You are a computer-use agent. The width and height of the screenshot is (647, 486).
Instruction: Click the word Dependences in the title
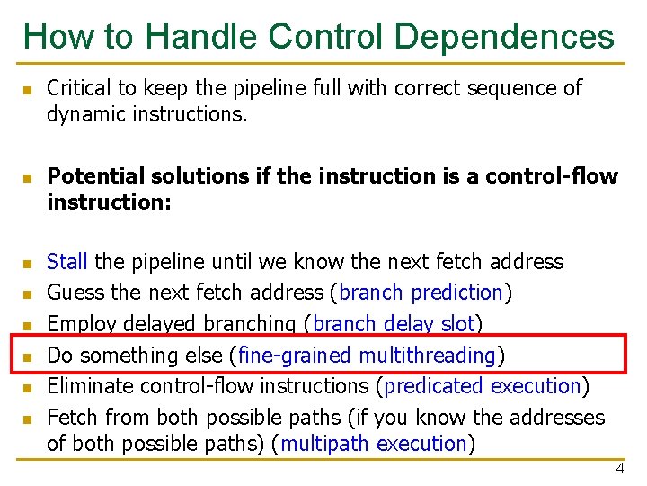(x=504, y=36)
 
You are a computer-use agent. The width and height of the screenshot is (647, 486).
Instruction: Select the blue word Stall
(x=67, y=262)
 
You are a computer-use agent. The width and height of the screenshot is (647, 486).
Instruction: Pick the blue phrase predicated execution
(x=483, y=386)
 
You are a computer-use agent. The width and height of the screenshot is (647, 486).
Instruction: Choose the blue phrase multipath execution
(x=375, y=444)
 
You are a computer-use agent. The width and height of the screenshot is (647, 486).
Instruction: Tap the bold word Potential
(x=92, y=175)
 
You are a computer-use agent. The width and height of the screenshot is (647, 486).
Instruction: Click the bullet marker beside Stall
(x=27, y=264)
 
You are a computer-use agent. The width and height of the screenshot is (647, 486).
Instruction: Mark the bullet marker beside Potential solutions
(x=27, y=177)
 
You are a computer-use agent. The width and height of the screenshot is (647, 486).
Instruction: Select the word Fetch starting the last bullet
(x=73, y=418)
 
